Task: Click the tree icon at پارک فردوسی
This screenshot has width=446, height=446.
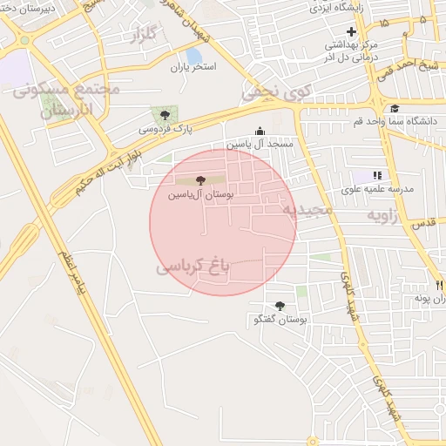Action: pos(165,115)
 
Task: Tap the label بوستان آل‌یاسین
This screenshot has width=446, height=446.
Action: pos(204,194)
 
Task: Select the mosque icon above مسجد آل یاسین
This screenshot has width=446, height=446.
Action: pos(259,132)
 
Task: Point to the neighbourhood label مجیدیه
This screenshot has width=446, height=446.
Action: pos(308,210)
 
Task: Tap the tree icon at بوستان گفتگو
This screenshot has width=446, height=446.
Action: pos(280,306)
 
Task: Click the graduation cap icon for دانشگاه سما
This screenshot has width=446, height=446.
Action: pos(395,109)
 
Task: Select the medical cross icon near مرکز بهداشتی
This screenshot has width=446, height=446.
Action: pos(351,32)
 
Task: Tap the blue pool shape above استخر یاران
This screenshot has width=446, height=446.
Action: pos(193,57)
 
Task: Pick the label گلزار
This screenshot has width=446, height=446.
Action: pos(145,36)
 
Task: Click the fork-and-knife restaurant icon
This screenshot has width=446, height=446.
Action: pos(438,285)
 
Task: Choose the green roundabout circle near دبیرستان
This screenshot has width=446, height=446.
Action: pos(24,40)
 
